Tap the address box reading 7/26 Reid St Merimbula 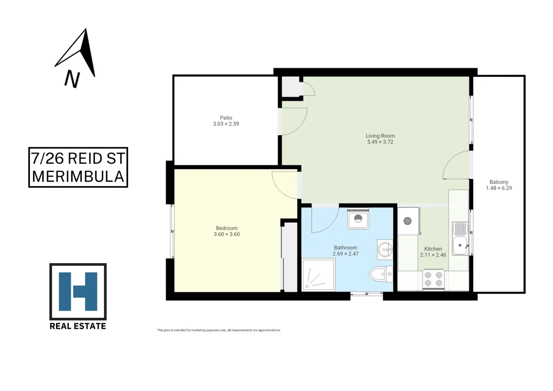pos(78,167)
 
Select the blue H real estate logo pos(78,291)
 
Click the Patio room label pos(226,118)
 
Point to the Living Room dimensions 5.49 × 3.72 pos(380,142)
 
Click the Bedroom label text pos(227,228)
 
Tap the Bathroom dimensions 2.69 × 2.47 pos(346,254)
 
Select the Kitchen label pos(433,249)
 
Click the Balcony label pos(499,182)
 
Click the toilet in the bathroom pos(380,274)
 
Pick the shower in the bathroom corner pos(318,275)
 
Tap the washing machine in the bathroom pos(358,219)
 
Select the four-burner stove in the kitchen pos(433,279)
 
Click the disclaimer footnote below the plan pos(219,330)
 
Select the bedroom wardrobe pos(290,257)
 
